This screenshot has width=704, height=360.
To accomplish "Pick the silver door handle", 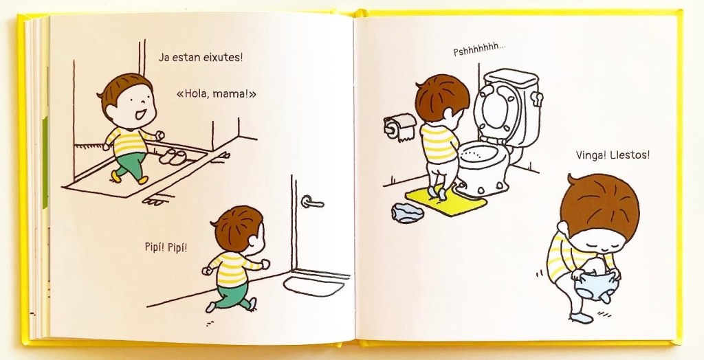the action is [312, 203].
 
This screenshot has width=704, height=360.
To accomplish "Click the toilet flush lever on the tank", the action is [537, 98].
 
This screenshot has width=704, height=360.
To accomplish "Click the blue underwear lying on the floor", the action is [407, 212].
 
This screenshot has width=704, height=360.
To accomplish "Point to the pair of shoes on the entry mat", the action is [173, 156].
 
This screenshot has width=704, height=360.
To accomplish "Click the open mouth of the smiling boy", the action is [140, 115].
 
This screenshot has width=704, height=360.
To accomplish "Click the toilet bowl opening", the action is [479, 153].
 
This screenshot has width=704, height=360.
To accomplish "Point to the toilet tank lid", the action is [511, 78].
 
